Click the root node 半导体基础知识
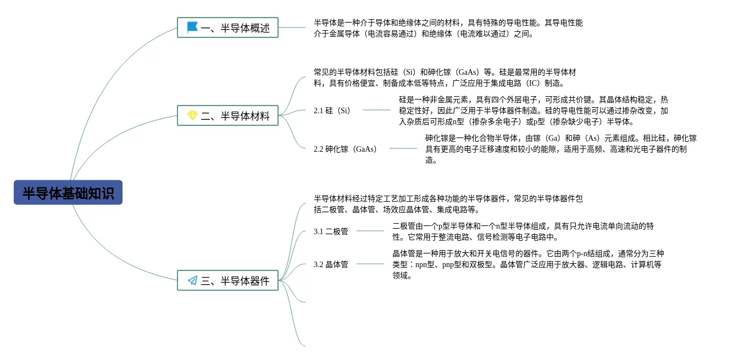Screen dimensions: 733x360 [68, 193]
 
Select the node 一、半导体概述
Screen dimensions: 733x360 [227, 27]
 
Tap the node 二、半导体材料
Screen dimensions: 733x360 [227, 115]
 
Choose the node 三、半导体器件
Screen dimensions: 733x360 [227, 280]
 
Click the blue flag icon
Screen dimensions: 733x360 [192, 27]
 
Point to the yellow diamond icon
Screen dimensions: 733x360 [192, 115]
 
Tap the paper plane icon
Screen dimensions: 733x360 [192, 280]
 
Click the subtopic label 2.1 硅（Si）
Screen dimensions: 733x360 [332, 110]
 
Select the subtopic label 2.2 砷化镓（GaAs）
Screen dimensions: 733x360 [345, 149]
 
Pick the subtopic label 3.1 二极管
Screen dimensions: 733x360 [331, 231]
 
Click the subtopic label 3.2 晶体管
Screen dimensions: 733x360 [331, 264]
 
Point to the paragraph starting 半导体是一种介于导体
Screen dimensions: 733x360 [448, 28]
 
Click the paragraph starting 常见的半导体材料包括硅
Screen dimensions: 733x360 [445, 77]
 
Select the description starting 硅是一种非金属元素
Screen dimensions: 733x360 [533, 110]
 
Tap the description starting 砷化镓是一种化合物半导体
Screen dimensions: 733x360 [560, 149]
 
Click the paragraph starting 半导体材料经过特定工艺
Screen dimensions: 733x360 [448, 204]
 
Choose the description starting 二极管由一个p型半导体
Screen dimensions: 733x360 [523, 231]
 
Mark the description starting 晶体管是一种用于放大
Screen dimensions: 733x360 [527, 264]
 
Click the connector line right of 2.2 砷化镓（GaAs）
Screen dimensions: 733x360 [403, 148]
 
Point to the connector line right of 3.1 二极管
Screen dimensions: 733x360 [370, 231]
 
